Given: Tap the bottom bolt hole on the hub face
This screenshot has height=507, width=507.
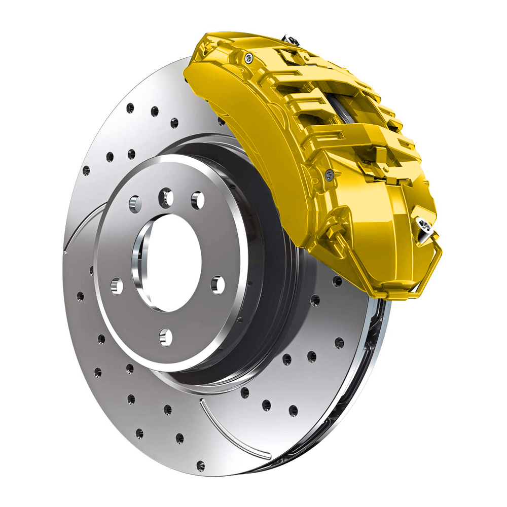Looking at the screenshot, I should coord(165,337).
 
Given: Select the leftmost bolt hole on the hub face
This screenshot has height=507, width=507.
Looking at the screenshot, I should coord(116,286).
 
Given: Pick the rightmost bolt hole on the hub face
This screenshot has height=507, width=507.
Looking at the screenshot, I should coord(218,284).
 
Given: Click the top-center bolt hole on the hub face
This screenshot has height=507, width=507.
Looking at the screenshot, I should coord(166,198).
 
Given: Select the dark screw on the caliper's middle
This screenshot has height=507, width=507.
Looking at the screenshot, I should coord(330,175).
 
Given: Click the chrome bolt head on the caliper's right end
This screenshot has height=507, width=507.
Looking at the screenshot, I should coord(424,226).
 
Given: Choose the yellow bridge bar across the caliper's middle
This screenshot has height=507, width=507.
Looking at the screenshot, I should coord(350,137).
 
